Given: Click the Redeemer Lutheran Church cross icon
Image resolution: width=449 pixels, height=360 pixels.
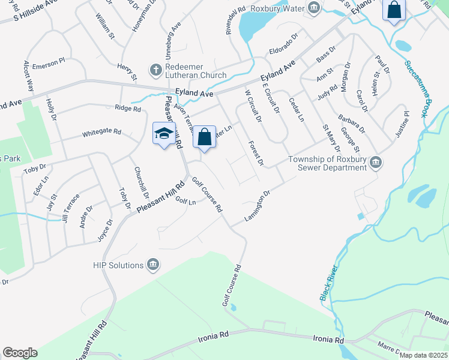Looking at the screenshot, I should point(155,70).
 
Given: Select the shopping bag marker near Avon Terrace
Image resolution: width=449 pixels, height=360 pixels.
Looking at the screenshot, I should point(204,136).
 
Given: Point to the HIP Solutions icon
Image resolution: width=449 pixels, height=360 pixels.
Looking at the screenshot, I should point(153,265).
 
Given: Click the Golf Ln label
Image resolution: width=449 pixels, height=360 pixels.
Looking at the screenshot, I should point(185,202).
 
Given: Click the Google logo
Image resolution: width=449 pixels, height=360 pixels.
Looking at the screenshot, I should point(20,353).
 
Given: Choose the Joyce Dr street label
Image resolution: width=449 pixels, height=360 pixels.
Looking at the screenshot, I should point(105,230).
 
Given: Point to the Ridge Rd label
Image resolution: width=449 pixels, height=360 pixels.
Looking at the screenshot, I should point(127,109).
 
